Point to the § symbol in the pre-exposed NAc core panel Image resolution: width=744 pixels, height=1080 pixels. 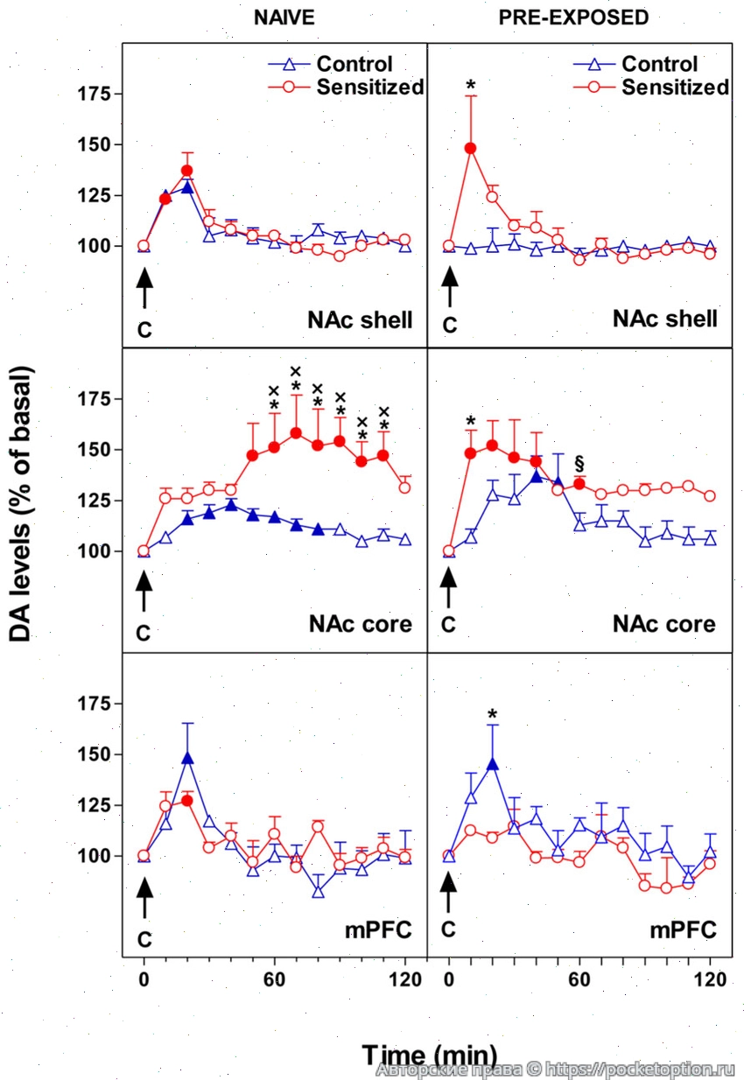point(579,463)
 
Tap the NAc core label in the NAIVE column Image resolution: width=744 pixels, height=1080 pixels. point(360,624)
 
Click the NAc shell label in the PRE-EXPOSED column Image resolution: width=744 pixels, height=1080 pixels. point(665,319)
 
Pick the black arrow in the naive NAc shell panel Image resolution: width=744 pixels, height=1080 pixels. point(144,288)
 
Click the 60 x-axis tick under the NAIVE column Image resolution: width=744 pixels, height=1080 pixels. point(275,980)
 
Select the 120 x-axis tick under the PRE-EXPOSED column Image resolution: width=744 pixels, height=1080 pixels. point(710,980)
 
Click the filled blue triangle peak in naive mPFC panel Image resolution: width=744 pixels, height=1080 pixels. point(187,758)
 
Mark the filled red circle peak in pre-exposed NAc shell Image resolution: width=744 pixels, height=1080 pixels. point(471,148)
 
